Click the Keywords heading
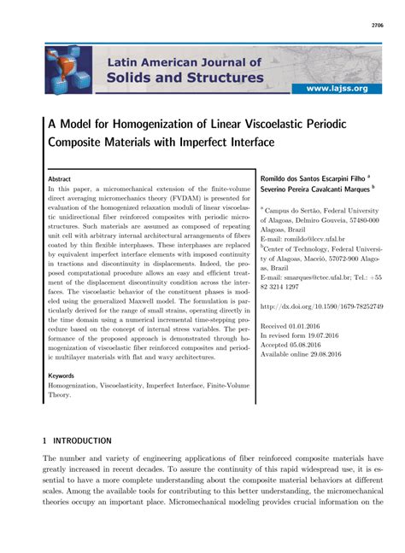[x=62, y=375]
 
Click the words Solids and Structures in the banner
[x=185, y=78]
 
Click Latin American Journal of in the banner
[x=185, y=61]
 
